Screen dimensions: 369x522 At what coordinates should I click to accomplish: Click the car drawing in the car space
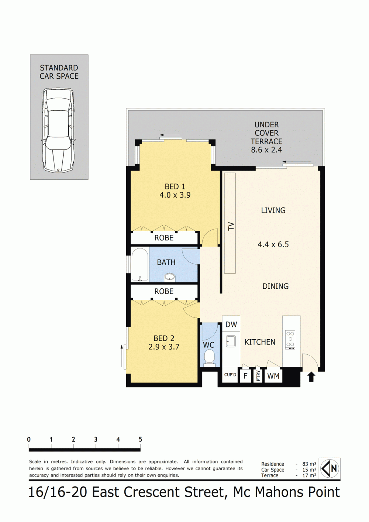(x=58, y=130)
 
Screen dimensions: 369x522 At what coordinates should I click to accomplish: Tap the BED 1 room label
(x=175, y=186)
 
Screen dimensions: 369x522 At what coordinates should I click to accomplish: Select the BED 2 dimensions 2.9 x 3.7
(x=164, y=347)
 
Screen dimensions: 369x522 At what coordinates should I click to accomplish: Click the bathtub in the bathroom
(x=140, y=264)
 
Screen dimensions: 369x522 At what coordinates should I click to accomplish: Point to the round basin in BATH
(x=170, y=278)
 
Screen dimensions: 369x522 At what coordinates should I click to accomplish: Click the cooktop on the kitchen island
(x=290, y=340)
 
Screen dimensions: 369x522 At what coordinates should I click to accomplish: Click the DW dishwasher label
(x=231, y=324)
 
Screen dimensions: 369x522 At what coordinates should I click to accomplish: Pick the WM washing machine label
(x=273, y=376)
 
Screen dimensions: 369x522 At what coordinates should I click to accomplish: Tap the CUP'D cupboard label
(x=230, y=375)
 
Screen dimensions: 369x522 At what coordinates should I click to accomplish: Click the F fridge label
(x=245, y=376)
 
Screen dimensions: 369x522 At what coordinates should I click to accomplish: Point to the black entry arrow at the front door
(x=311, y=377)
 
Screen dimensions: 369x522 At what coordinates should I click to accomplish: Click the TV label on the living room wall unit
(x=231, y=226)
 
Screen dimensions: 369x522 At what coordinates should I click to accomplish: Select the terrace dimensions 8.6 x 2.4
(x=266, y=150)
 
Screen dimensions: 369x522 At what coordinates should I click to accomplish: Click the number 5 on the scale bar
(x=140, y=440)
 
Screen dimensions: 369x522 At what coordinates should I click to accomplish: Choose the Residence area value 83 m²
(x=309, y=464)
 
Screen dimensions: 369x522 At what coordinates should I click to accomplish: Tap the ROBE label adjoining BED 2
(x=164, y=291)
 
